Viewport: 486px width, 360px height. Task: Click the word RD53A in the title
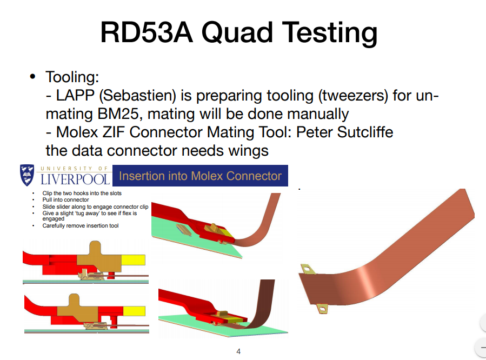click(x=147, y=32)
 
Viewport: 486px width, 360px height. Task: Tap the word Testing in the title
click(x=330, y=34)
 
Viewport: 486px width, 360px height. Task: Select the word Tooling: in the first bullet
click(x=72, y=77)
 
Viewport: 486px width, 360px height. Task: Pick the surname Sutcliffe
click(x=365, y=132)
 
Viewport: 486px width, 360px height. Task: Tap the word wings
click(x=248, y=151)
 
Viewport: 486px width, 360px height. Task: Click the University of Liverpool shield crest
click(x=27, y=175)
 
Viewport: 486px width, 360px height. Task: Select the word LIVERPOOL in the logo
click(x=75, y=179)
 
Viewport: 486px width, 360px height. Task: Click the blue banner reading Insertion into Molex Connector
click(x=200, y=176)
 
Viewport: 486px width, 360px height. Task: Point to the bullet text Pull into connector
click(x=66, y=200)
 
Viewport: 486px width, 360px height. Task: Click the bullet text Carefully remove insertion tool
click(x=81, y=225)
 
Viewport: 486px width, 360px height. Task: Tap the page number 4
click(x=238, y=351)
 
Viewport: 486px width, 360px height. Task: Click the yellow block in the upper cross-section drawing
click(x=134, y=260)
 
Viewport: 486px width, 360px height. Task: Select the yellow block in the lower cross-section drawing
click(x=134, y=311)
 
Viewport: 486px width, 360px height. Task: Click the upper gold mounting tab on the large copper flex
click(x=308, y=269)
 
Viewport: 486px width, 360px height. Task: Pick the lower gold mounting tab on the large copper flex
click(x=322, y=309)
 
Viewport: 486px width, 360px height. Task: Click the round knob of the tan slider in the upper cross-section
click(x=95, y=248)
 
